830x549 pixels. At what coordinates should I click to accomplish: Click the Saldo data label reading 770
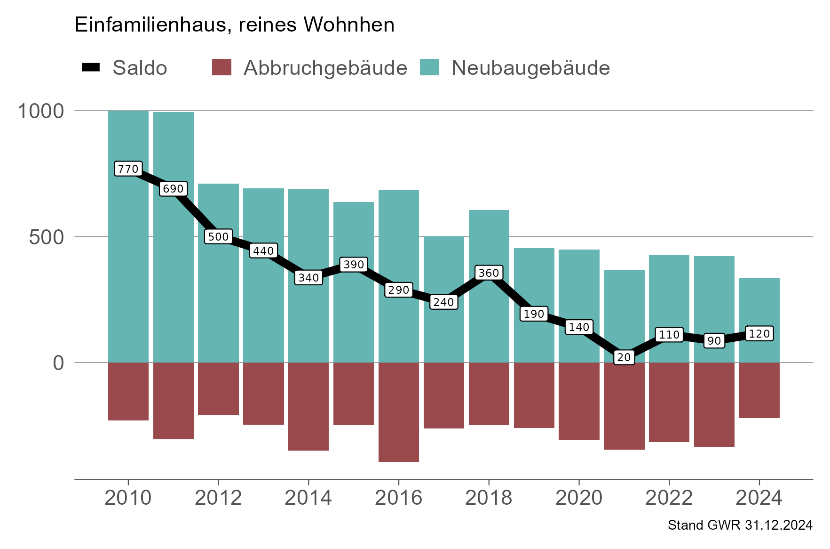[128, 169]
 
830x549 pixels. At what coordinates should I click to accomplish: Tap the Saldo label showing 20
[624, 357]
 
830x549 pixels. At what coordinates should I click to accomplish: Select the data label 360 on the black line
[489, 273]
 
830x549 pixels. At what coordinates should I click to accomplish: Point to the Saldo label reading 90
[714, 341]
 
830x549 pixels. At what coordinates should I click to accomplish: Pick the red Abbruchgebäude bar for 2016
[398, 412]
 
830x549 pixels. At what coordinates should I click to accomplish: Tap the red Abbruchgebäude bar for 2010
[128, 391]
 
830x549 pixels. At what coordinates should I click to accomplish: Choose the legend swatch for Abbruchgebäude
[221, 67]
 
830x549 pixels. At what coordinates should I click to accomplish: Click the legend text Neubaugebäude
[530, 68]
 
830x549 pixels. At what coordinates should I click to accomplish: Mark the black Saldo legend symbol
[91, 67]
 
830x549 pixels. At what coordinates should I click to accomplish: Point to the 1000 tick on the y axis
[40, 111]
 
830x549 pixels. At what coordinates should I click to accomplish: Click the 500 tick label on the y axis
[46, 237]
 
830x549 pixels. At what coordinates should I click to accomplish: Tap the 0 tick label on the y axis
[58, 363]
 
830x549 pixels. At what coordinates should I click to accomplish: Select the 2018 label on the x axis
[488, 498]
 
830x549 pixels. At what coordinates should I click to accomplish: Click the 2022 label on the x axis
[669, 498]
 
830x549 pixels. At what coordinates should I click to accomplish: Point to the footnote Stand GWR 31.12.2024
[740, 525]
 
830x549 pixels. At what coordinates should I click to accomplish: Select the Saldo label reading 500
[218, 236]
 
